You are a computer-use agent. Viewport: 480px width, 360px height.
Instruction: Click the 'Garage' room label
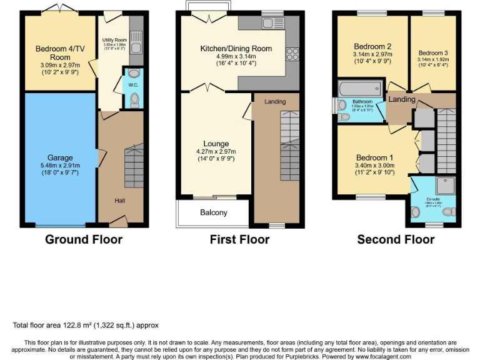61,157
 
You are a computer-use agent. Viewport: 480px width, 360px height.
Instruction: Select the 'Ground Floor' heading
84,239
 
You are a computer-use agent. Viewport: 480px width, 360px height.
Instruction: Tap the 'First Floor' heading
240,239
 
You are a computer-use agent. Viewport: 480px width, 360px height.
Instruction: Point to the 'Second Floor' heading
396,239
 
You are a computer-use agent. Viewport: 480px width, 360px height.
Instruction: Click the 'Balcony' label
214,212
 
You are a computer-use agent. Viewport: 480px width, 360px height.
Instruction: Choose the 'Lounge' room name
216,144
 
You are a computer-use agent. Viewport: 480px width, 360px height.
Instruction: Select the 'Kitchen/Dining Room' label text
236,48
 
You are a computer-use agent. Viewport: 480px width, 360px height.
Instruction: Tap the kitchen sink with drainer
273,24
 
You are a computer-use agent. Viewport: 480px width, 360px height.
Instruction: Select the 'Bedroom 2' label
372,46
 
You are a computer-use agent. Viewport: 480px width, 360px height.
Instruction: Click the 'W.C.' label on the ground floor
132,84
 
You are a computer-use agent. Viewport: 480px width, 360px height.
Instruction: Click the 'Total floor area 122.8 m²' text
86,325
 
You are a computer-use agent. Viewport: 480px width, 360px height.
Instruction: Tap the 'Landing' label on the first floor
275,101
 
